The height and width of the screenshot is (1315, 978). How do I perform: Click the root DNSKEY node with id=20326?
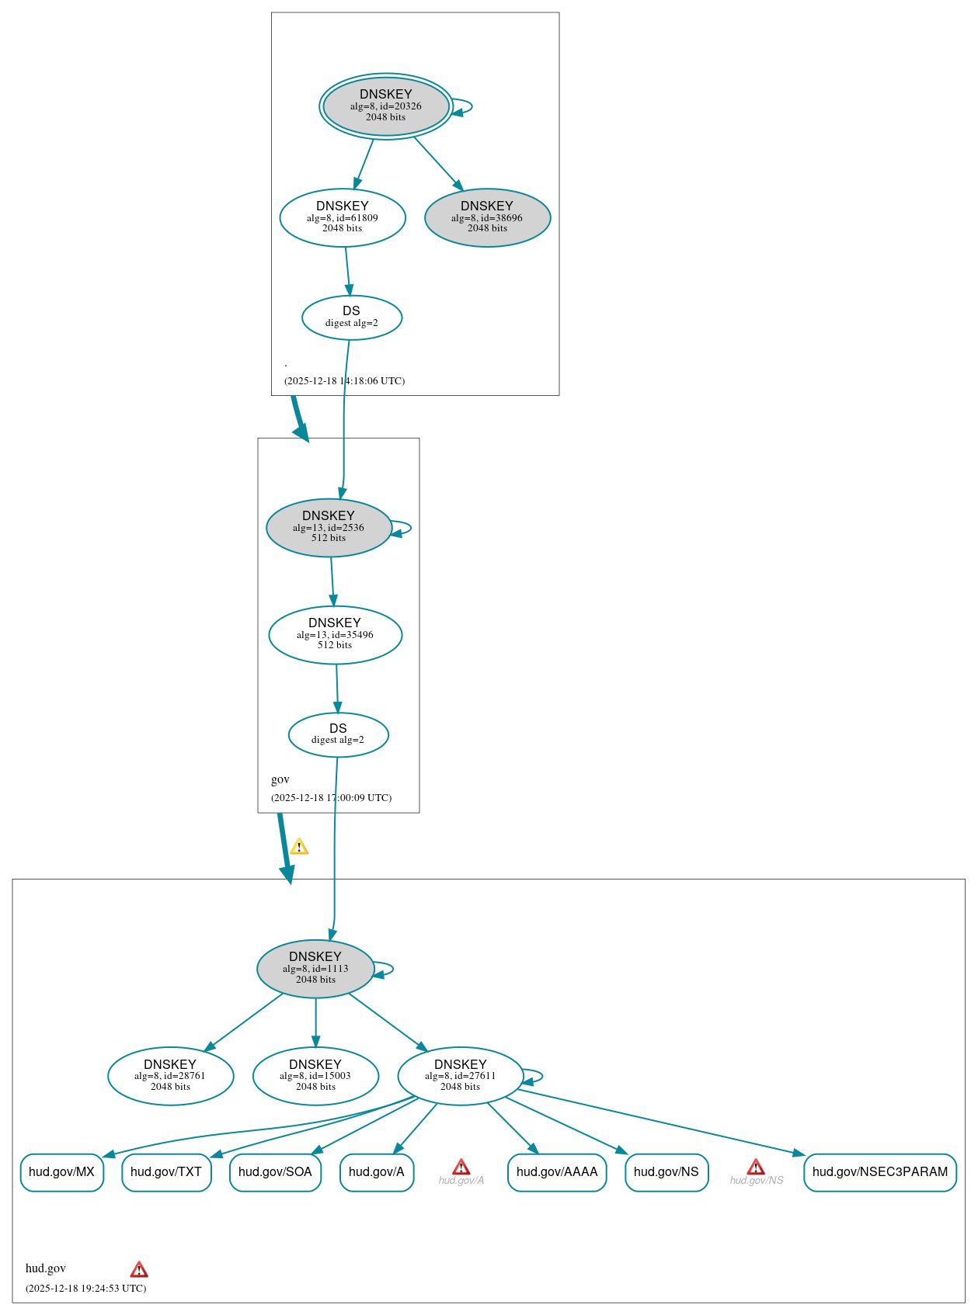coord(386,106)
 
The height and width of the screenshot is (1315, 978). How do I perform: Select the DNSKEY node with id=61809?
coord(343,217)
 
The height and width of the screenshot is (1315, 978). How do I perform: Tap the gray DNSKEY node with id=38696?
coord(487,217)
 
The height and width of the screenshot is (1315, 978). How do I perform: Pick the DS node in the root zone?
coord(352,317)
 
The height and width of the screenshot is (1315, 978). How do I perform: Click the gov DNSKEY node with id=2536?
coord(329,527)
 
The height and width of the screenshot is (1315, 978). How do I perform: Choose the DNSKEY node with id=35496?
coord(335,635)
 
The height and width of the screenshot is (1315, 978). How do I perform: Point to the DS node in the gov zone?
coord(338,734)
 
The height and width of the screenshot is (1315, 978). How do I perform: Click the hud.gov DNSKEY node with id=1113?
coord(315,969)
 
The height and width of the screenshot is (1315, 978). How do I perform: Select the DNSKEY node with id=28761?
coord(170,1076)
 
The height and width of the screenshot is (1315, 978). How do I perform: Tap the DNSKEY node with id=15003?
coord(315,1076)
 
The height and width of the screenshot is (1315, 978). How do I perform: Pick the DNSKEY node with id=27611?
coord(461,1076)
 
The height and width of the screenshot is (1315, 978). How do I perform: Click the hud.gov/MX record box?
coord(61,1172)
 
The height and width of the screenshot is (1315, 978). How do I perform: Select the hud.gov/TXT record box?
coord(166,1172)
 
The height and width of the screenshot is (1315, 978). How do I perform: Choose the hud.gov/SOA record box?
coord(275,1172)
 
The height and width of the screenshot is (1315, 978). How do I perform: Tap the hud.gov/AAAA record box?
coord(557,1172)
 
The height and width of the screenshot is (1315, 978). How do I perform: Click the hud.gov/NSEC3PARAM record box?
coord(880,1172)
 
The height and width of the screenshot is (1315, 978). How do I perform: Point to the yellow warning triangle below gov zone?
coord(299,847)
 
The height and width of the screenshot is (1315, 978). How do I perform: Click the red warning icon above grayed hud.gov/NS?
coord(756,1167)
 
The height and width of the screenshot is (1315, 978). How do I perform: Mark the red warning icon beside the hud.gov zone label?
coord(139,1269)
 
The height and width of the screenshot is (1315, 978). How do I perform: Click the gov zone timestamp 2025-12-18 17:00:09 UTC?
coord(332,798)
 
